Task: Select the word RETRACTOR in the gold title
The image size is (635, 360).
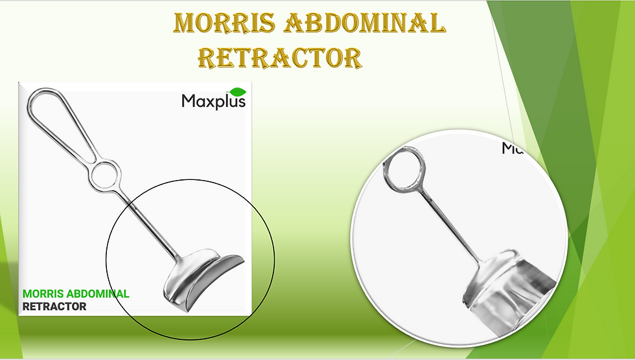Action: pos(279,58)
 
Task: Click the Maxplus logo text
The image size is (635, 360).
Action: pos(213,102)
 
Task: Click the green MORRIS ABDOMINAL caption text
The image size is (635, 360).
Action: pos(76,294)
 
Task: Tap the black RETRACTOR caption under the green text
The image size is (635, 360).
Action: pos(54,306)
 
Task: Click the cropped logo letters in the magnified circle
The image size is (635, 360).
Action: pos(512,149)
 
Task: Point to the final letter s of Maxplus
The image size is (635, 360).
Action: pos(241,102)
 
